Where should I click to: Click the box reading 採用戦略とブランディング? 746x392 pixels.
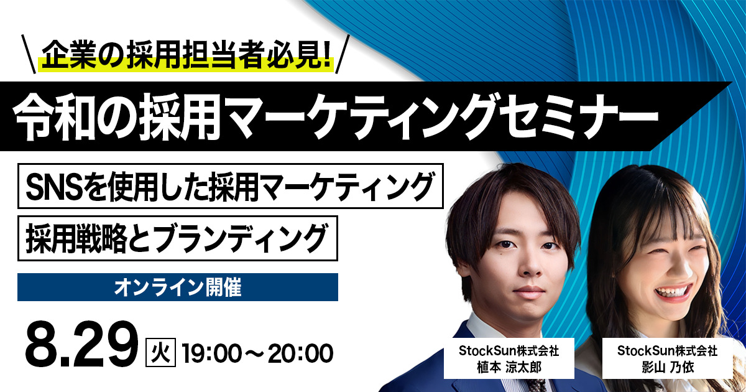tap(177, 238)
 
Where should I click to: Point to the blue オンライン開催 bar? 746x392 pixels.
tap(178, 287)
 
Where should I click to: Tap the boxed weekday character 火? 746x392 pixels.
tap(161, 353)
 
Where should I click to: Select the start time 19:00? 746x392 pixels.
tap(210, 353)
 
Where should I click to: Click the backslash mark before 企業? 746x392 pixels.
tap(29, 52)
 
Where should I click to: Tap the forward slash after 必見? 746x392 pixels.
tap(344, 52)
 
